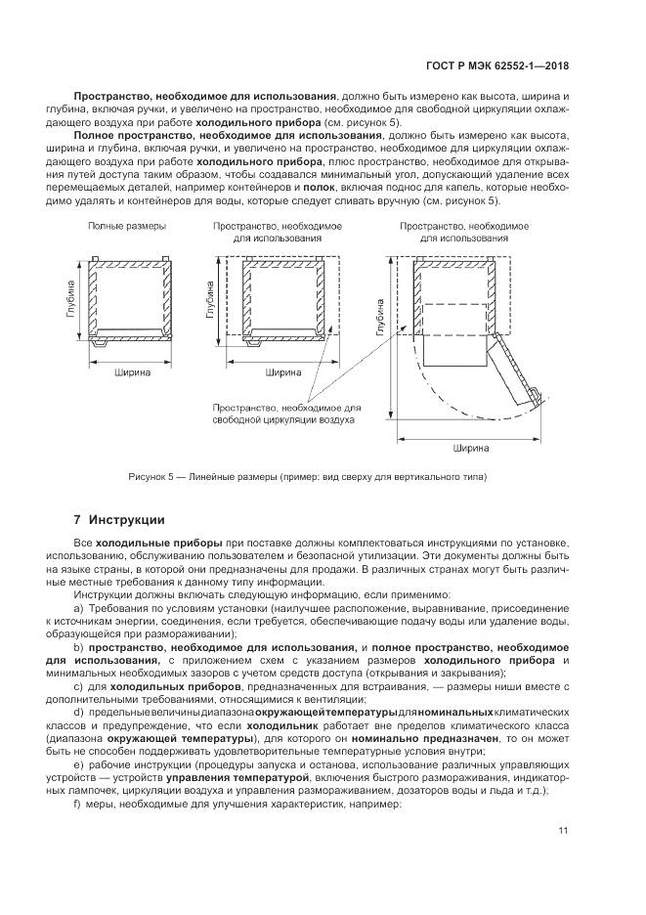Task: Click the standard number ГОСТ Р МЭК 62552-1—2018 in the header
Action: pos(497,66)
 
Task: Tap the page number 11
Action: pos(564,832)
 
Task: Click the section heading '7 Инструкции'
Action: pos(119,519)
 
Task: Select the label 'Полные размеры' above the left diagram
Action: pos(126,226)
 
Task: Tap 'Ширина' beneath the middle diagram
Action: pos(281,372)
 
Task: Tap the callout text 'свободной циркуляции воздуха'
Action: pos(283,419)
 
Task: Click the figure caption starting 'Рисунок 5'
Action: pos(306,477)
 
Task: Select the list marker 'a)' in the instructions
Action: pos(79,607)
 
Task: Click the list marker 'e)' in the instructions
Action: pos(79,764)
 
